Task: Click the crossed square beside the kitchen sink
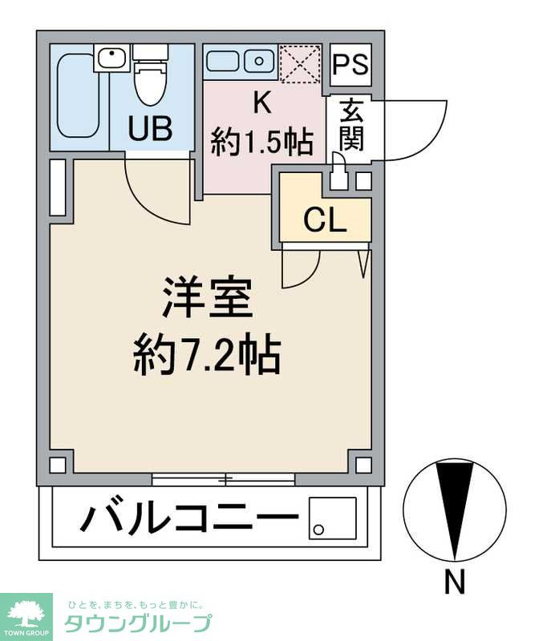(300, 63)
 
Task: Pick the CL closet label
(325, 221)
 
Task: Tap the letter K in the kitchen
(261, 103)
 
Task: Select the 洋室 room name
(207, 298)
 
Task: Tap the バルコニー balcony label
(186, 520)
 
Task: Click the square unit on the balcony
(332, 518)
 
